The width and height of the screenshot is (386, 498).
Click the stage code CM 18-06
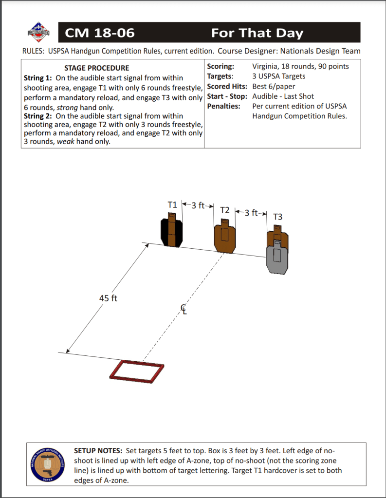[x=99, y=33]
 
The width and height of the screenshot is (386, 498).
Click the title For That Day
[x=257, y=33]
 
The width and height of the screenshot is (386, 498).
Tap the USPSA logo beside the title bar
[x=38, y=32]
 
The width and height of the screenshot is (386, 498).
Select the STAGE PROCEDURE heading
[x=97, y=68]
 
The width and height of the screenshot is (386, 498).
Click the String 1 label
[x=38, y=78]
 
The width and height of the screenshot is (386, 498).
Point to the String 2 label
[x=38, y=116]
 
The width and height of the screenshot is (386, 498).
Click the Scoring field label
[x=221, y=67]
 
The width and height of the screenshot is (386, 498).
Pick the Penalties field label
[x=224, y=106]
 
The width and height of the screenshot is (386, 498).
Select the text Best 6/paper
[x=274, y=87]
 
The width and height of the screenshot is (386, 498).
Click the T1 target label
[x=172, y=205]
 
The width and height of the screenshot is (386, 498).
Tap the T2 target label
[x=224, y=210]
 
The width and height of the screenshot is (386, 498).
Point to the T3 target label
[x=277, y=217]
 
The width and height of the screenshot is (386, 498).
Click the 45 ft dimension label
[x=109, y=298]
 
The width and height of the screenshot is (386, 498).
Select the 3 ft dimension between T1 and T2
[x=198, y=205]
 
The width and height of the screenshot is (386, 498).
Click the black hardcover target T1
[x=171, y=232]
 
